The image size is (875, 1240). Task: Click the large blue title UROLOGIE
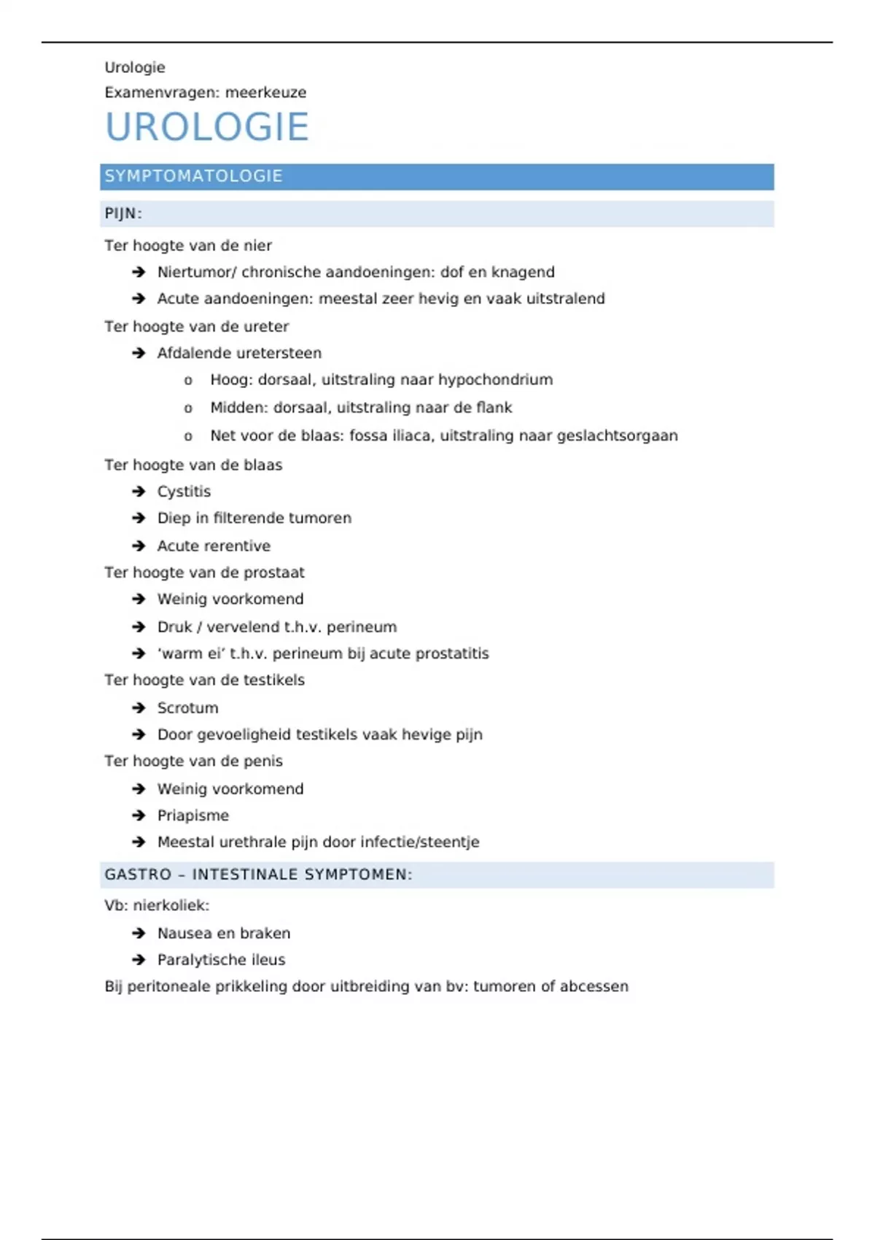(x=207, y=127)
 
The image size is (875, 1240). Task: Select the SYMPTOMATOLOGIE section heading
(x=193, y=177)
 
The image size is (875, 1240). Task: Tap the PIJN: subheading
(x=123, y=214)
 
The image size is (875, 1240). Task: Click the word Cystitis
(x=184, y=492)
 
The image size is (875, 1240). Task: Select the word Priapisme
(x=192, y=815)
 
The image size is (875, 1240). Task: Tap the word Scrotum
(x=187, y=708)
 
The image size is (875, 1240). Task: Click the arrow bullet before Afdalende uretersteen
(x=139, y=353)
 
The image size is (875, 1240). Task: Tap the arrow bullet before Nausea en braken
(x=139, y=934)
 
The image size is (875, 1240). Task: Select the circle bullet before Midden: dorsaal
(x=188, y=408)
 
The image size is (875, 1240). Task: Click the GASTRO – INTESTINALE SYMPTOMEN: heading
(x=258, y=875)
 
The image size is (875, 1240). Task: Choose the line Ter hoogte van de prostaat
(x=204, y=573)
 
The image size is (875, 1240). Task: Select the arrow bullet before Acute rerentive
(x=139, y=546)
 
